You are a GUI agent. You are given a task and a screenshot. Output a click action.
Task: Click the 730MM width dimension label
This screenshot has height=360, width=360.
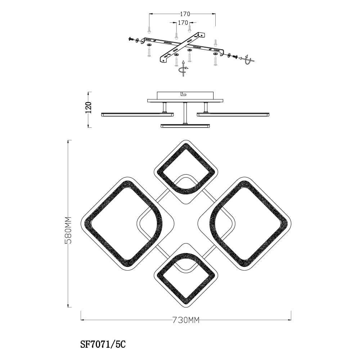pos(186,320)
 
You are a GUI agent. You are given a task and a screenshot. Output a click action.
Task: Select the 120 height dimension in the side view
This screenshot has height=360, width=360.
pos(89,107)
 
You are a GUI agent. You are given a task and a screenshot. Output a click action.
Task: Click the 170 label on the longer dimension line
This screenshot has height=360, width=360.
pos(185,14)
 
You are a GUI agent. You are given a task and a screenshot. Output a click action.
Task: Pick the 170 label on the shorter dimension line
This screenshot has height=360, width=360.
pos(183,22)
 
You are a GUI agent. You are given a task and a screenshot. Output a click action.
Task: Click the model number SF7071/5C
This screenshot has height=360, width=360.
pos(103,345)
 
